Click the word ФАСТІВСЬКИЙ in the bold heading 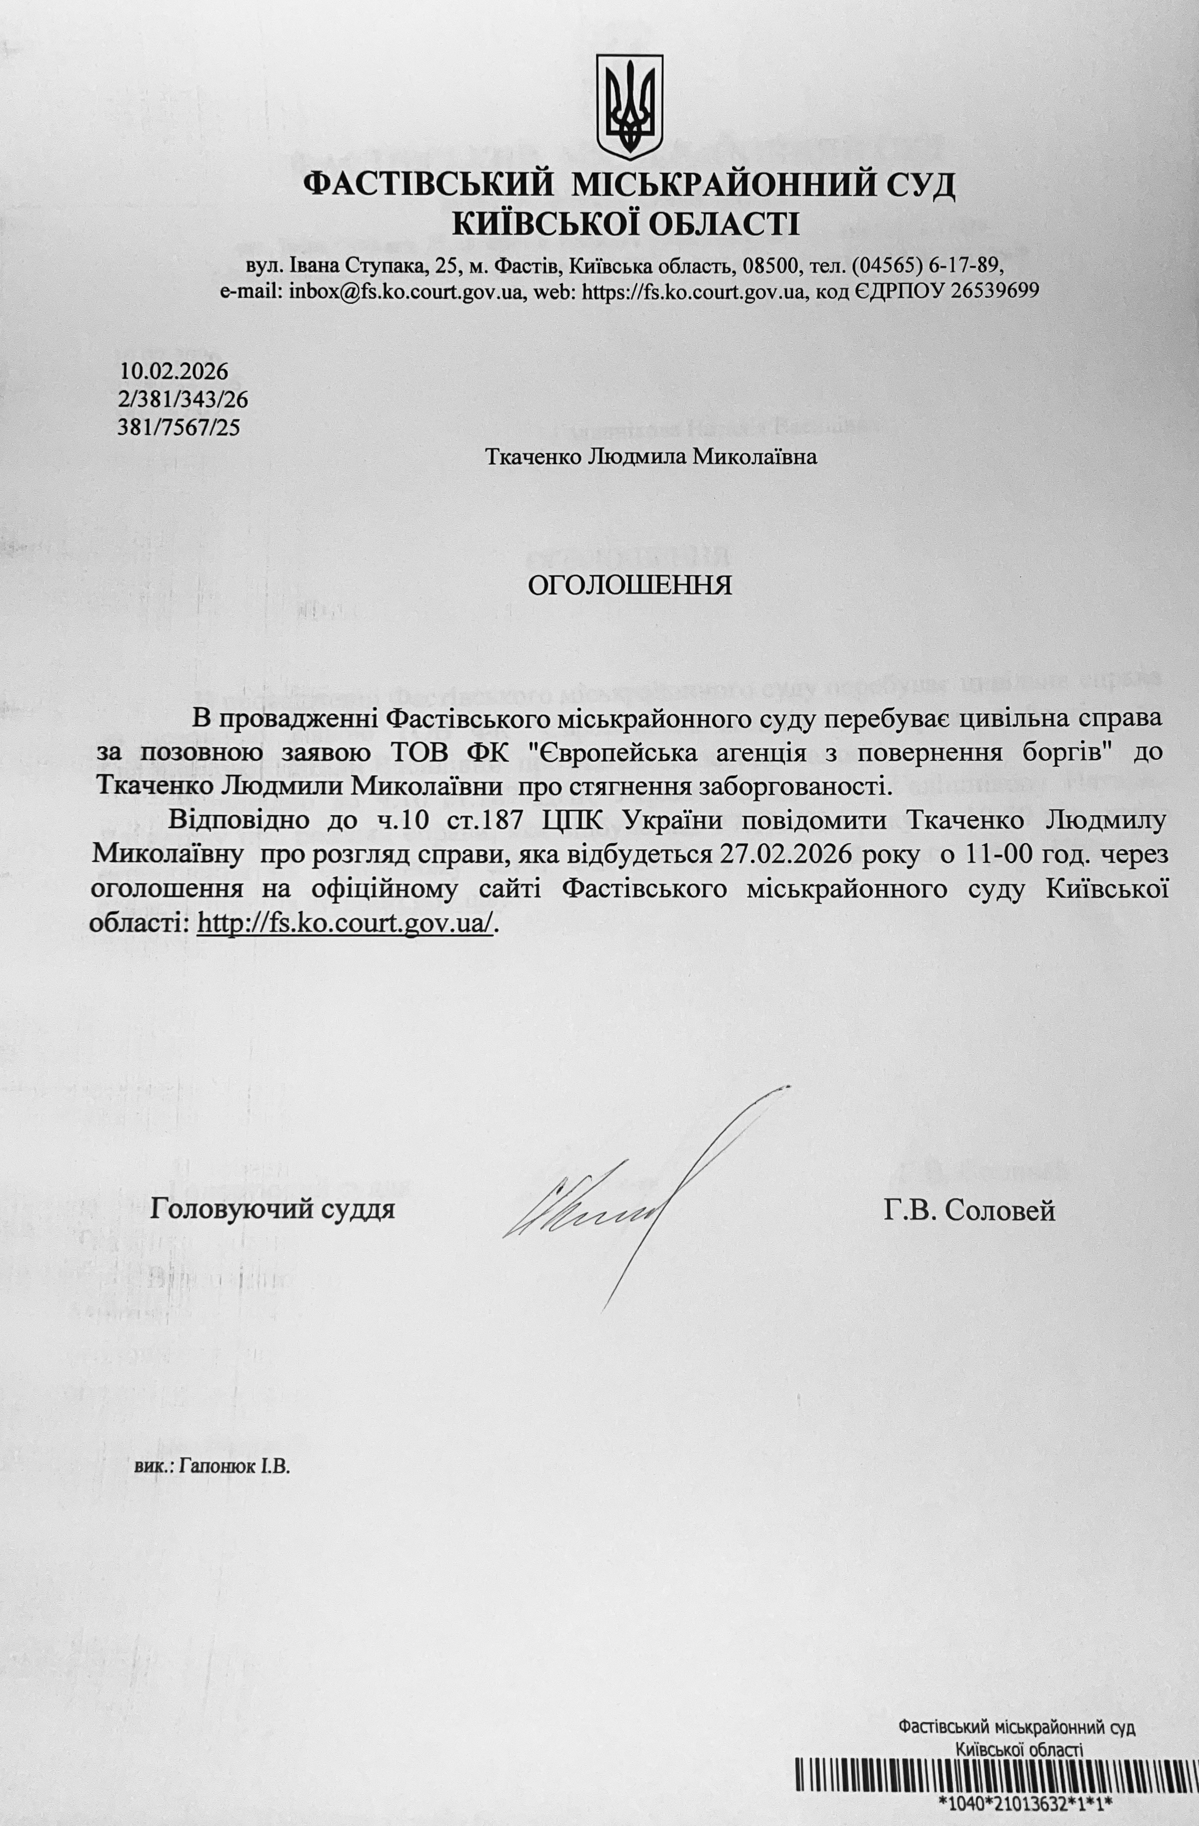(x=430, y=187)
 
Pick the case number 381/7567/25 (x=179, y=427)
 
